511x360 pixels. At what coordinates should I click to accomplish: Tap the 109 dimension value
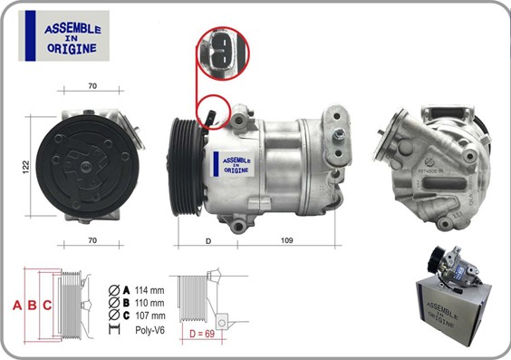point(286,240)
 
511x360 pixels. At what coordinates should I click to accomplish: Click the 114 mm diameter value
point(150,289)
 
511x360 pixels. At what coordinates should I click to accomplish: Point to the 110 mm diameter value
point(150,302)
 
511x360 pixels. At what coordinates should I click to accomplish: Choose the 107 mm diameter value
point(150,315)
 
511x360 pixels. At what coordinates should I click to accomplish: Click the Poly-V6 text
point(150,330)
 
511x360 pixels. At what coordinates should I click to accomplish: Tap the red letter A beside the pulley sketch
point(17,305)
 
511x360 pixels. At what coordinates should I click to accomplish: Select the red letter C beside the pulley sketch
point(47,305)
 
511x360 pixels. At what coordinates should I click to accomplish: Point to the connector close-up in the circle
point(220,52)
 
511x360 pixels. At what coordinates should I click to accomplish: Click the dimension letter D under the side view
point(208,240)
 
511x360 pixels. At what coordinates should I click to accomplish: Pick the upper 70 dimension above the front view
point(92,87)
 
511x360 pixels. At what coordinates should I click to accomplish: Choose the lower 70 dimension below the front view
point(92,240)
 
